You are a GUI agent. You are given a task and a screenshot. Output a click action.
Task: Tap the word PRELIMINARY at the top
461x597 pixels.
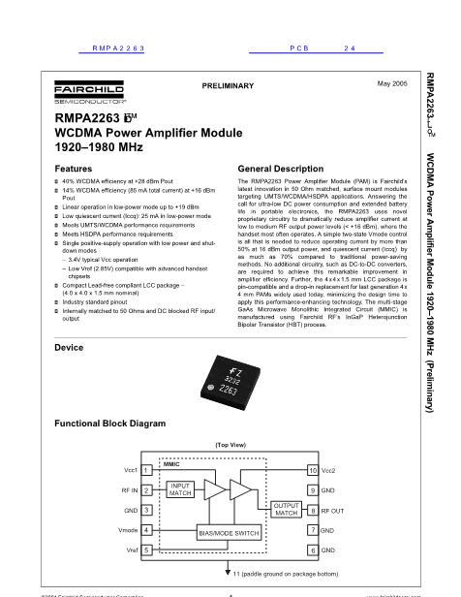229,86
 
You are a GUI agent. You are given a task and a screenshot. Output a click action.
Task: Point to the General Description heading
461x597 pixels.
261,169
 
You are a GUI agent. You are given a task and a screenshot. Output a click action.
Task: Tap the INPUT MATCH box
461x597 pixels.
181,489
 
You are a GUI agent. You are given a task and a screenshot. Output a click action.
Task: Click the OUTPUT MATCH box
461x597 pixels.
287,510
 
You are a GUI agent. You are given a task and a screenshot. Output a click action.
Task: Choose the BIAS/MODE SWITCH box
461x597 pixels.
230,533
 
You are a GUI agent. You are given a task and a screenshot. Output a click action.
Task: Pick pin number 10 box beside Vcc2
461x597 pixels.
313,470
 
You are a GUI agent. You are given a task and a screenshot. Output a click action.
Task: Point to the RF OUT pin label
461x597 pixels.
334,511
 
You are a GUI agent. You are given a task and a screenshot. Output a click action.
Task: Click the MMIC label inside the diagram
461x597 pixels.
172,464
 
